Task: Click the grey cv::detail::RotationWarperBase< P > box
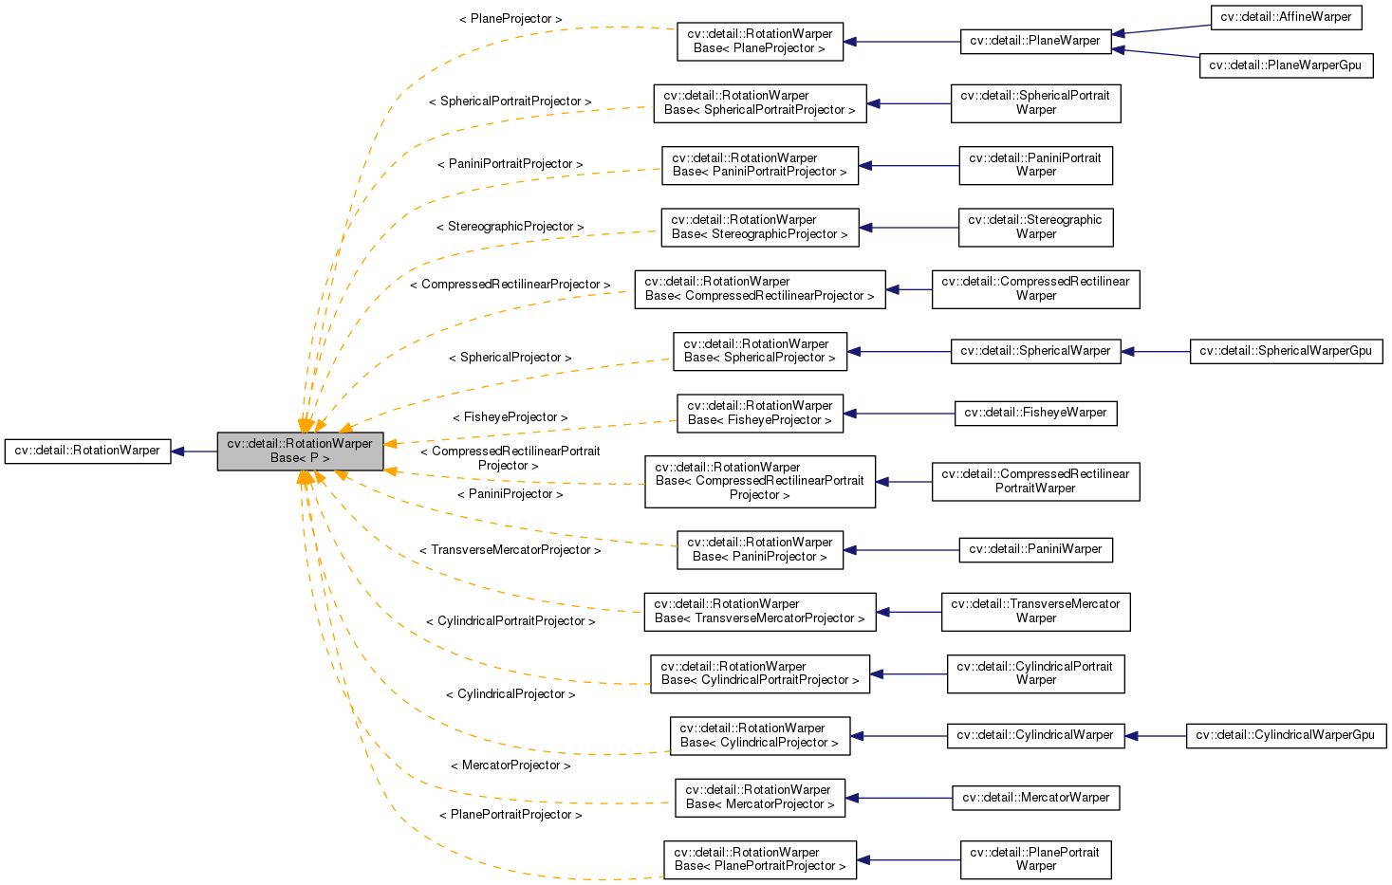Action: [x=300, y=452]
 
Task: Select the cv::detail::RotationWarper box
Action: [x=87, y=451]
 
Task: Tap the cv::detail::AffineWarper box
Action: [x=1286, y=17]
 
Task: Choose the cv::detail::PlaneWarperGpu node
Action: [x=1286, y=65]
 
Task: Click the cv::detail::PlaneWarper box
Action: [x=1035, y=42]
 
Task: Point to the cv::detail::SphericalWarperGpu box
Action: [x=1286, y=351]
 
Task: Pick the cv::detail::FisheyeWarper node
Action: [x=1035, y=414]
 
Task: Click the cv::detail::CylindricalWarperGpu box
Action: [x=1286, y=735]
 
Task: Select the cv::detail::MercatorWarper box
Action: [x=1035, y=798]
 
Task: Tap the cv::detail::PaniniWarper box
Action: [x=1035, y=549]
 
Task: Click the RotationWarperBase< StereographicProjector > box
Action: [x=759, y=228]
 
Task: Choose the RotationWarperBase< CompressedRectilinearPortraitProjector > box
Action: [x=759, y=481]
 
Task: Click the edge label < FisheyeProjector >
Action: [x=510, y=417]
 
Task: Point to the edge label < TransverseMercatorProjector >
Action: [x=510, y=550]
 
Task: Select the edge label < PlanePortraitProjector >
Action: [x=510, y=815]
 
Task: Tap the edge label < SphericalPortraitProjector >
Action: [x=510, y=101]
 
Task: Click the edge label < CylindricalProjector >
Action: [x=510, y=694]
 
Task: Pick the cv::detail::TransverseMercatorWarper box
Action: [x=1035, y=612]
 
